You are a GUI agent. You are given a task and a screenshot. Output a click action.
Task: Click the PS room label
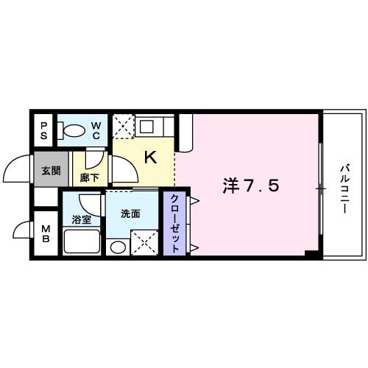tap(43, 130)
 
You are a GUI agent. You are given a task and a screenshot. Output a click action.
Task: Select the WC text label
tap(96, 130)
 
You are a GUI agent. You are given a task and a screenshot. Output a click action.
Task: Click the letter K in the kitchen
tap(149, 157)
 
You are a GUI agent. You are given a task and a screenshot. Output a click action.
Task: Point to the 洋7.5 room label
tap(250, 187)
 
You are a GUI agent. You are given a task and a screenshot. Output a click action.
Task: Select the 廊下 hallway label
tap(89, 177)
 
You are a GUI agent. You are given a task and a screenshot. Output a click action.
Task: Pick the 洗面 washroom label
tap(130, 214)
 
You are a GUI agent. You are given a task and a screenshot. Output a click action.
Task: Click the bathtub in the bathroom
tap(82, 241)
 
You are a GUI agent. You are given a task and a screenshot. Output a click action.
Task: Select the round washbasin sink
tap(116, 247)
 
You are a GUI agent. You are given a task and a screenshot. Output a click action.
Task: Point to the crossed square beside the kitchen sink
tap(122, 127)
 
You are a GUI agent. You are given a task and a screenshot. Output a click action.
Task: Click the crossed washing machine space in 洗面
tap(144, 241)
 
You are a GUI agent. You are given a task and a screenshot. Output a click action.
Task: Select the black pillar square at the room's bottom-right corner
tap(312, 254)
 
